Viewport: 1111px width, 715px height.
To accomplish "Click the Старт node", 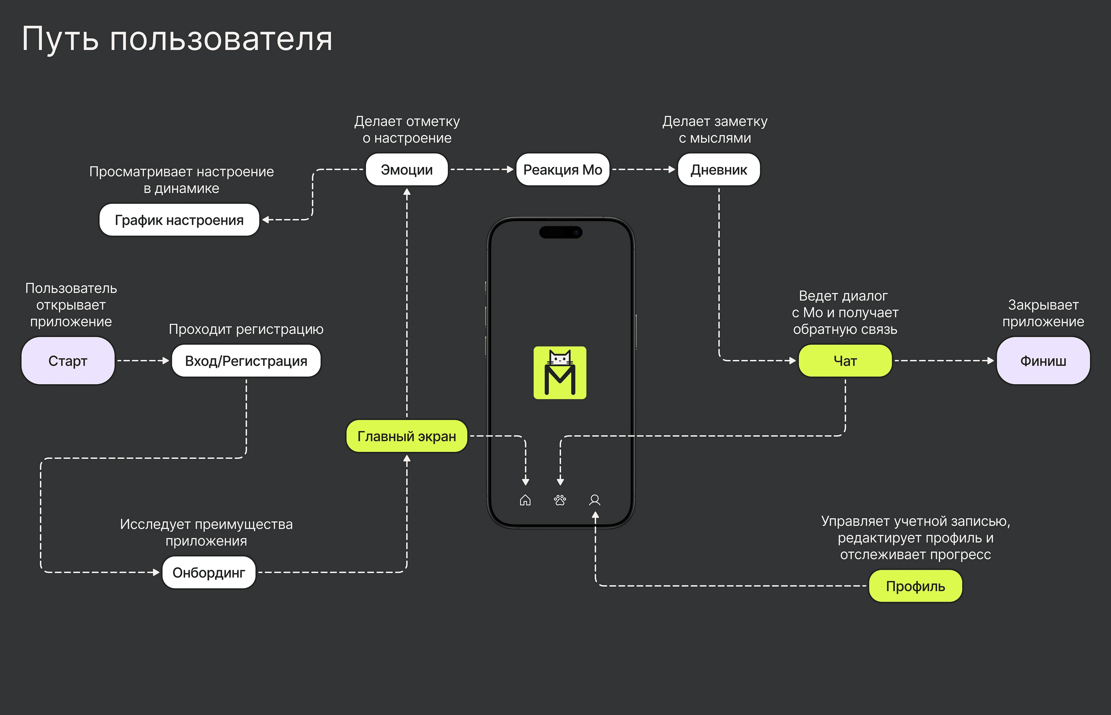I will pyautogui.click(x=68, y=361).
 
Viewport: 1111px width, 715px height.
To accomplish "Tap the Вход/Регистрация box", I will pyautogui.click(x=246, y=361).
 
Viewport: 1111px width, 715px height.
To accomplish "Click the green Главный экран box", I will pyautogui.click(x=407, y=436).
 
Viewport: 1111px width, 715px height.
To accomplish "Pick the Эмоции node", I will pyautogui.click(x=407, y=169).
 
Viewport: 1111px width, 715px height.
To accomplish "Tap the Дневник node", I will pyautogui.click(x=719, y=169).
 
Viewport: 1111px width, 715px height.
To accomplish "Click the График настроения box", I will pyautogui.click(x=179, y=220).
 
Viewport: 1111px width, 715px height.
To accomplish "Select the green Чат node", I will pyautogui.click(x=845, y=361).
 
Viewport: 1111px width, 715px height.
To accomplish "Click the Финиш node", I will pyautogui.click(x=1043, y=361).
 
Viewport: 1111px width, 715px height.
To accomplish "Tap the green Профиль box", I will pyautogui.click(x=915, y=586).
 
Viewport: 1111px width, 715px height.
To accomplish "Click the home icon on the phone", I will pyautogui.click(x=525, y=500).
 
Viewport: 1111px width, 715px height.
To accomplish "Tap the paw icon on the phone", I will pyautogui.click(x=560, y=500).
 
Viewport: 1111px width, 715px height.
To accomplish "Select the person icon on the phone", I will pyautogui.click(x=595, y=500).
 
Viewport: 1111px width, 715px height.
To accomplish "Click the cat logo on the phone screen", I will pyautogui.click(x=560, y=372).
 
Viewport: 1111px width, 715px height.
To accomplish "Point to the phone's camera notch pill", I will pyautogui.click(x=560, y=232).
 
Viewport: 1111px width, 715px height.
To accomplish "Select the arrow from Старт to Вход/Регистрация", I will pyautogui.click(x=143, y=361).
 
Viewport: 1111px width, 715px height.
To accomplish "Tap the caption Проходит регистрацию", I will pyautogui.click(x=246, y=329).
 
